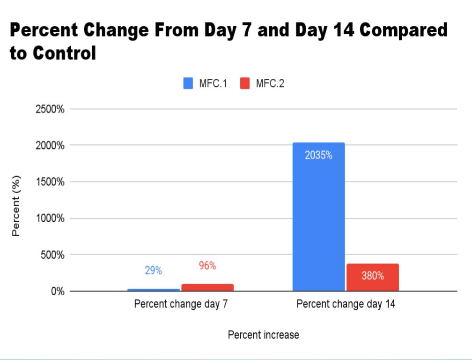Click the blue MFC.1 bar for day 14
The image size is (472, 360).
pyautogui.click(x=318, y=217)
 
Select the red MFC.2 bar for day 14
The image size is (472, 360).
pyautogui.click(x=373, y=277)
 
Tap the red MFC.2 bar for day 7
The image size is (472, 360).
pyautogui.click(x=207, y=287)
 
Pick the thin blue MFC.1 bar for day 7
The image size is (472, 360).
pyautogui.click(x=154, y=290)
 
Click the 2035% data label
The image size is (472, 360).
pyautogui.click(x=318, y=155)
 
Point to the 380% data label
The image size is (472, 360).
pyautogui.click(x=373, y=276)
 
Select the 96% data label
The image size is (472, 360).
pyautogui.click(x=207, y=265)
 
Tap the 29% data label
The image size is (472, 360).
pyautogui.click(x=154, y=270)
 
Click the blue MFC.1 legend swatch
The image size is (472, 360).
pyautogui.click(x=188, y=83)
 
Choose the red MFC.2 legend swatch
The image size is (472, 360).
pyautogui.click(x=245, y=83)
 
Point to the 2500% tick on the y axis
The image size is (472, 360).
pyautogui.click(x=50, y=109)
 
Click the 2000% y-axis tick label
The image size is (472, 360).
pyautogui.click(x=50, y=145)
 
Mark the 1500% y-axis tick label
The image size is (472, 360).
pyautogui.click(x=50, y=182)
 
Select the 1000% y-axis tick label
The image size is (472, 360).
pyautogui.click(x=50, y=218)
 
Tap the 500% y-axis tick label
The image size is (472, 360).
pyautogui.click(x=52, y=255)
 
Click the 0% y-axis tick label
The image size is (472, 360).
pyautogui.click(x=58, y=291)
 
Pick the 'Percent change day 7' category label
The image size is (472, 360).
pyautogui.click(x=181, y=304)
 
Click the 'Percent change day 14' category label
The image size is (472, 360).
pyautogui.click(x=346, y=304)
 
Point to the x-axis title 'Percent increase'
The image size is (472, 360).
pyautogui.click(x=263, y=335)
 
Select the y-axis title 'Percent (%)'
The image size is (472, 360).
pyautogui.click(x=15, y=206)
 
